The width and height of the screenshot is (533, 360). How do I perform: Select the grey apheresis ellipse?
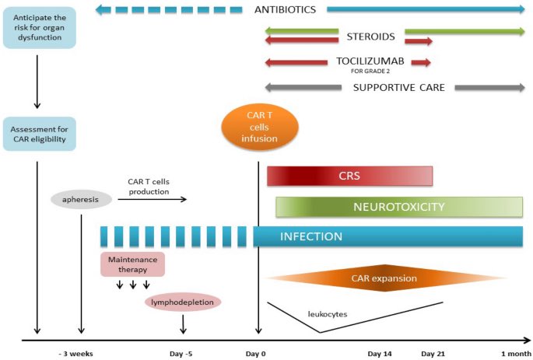point(81,199)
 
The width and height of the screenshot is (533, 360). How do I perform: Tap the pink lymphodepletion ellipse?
point(183,302)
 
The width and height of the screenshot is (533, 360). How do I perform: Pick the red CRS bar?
point(349,176)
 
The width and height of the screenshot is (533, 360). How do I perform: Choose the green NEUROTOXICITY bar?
point(398,207)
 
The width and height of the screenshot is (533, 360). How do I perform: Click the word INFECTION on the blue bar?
point(310,236)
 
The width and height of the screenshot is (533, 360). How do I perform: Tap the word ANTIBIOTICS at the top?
point(285,10)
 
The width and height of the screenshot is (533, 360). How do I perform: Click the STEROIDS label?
point(371,36)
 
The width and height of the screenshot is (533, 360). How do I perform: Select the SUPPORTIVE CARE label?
point(398,88)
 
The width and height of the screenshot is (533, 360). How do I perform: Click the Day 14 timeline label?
point(380,354)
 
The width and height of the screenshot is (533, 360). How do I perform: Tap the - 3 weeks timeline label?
point(75,354)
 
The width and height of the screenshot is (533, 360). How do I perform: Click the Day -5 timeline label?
point(181,354)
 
